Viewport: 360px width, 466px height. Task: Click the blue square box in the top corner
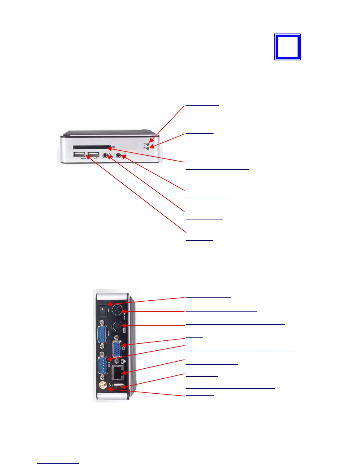(x=287, y=47)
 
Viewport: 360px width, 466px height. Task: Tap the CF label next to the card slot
(x=114, y=147)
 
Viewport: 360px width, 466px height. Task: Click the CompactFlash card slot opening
(x=91, y=147)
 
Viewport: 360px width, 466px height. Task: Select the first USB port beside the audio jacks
(x=79, y=154)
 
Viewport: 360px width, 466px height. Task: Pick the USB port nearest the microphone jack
(x=93, y=154)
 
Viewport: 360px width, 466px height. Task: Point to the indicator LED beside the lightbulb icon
(x=148, y=144)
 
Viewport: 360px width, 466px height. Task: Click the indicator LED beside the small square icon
(x=148, y=148)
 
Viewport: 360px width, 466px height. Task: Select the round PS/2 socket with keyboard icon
(x=117, y=326)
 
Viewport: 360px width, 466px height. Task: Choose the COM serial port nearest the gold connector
(x=102, y=365)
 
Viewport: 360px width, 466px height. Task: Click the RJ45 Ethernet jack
(x=117, y=373)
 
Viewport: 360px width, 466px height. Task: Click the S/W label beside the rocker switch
(x=109, y=310)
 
